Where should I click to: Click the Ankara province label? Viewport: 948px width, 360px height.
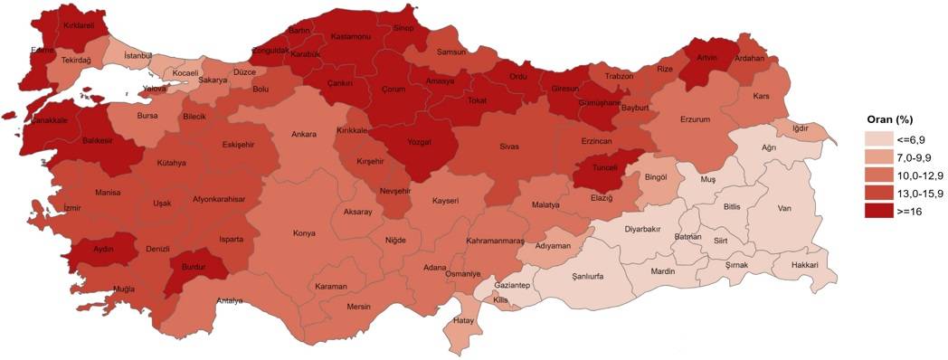(x=304, y=136)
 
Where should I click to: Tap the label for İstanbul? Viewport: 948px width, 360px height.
(x=138, y=57)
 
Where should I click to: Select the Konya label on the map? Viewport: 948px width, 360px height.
(x=304, y=233)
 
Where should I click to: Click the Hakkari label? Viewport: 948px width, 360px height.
(x=804, y=265)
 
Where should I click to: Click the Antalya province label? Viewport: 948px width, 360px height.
(x=230, y=301)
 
